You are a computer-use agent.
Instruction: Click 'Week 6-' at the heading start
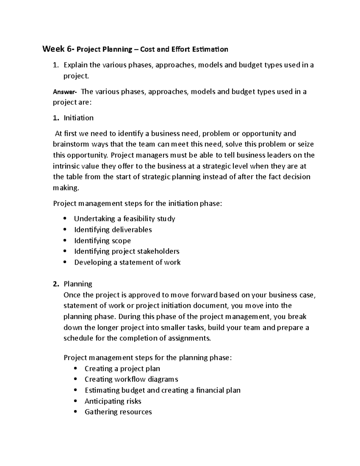58,49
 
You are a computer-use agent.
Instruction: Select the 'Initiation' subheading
78,118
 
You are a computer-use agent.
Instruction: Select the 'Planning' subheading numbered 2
78,284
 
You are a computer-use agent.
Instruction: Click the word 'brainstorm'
71,144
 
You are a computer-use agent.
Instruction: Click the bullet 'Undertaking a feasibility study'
124,219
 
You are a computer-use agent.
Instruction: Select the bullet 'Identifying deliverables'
113,230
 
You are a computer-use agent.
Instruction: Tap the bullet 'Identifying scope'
102,241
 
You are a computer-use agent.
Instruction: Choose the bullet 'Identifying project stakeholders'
127,251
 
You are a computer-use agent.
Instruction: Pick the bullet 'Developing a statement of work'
127,262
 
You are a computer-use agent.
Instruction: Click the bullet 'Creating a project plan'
122,368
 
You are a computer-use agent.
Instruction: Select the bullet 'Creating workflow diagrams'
131,379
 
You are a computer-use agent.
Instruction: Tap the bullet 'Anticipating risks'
113,401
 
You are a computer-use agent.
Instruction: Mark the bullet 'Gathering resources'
118,412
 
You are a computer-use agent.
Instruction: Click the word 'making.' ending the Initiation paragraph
66,188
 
